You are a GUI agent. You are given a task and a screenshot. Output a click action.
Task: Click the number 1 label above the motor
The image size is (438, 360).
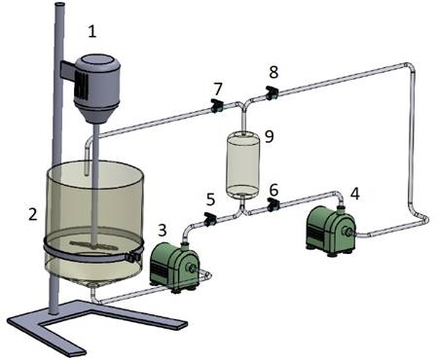(x=92, y=32)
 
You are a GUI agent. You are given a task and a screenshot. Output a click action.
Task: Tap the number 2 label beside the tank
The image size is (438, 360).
(x=33, y=214)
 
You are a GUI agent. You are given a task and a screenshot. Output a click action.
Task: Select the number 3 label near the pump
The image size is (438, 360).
(x=163, y=231)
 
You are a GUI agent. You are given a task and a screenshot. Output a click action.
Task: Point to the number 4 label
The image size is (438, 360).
(x=355, y=195)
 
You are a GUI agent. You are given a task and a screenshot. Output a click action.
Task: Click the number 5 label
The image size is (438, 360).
(x=211, y=199)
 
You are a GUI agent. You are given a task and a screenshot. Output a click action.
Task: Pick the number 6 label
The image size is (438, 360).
(x=274, y=191)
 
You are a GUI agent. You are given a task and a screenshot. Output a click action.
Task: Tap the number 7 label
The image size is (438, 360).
(x=218, y=89)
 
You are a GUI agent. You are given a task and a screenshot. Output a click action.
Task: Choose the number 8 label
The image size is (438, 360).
(x=274, y=72)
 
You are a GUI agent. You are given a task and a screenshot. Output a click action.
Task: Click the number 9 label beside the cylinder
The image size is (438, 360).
(x=270, y=136)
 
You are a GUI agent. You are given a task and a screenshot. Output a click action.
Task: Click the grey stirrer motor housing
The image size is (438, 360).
(x=96, y=89)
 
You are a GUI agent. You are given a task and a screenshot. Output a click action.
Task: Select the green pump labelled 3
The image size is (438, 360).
(x=174, y=268)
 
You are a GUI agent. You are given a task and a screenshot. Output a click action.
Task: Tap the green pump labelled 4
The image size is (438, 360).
(x=331, y=231)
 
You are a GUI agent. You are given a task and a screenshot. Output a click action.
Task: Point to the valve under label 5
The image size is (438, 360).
(x=210, y=219)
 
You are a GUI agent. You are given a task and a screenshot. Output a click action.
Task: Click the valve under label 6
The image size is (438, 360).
(x=274, y=205)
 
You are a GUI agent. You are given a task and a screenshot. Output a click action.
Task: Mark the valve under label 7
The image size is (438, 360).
(x=216, y=105)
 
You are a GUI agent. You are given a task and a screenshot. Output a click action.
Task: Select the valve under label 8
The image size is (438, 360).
(x=272, y=92)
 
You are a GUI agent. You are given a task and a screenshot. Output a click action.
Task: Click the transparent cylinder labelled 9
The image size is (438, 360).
(x=242, y=165)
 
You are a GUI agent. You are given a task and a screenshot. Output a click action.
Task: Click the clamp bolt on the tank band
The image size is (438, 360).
(x=133, y=257)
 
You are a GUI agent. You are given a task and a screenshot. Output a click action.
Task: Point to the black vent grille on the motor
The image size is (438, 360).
(x=82, y=84)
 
